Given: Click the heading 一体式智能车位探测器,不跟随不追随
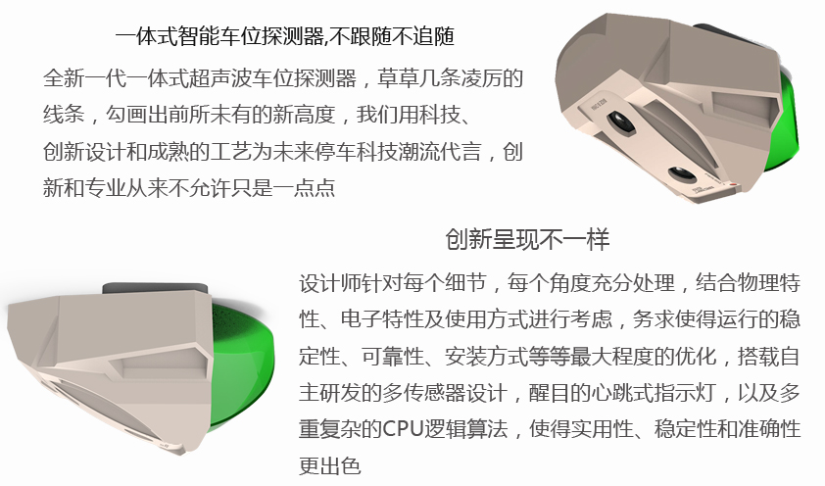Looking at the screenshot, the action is [x=285, y=36].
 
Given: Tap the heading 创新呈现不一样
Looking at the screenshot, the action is [x=527, y=239].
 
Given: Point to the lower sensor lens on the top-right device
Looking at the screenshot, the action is [x=680, y=174].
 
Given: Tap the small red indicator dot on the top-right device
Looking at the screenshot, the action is [x=732, y=183].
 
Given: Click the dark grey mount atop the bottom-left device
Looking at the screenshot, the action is [x=155, y=289].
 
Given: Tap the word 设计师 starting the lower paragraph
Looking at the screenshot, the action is [x=330, y=283].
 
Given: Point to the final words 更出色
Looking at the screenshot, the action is [x=330, y=466].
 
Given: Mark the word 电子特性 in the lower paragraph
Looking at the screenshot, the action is [x=382, y=319].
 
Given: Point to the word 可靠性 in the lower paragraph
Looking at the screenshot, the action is [x=393, y=357].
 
